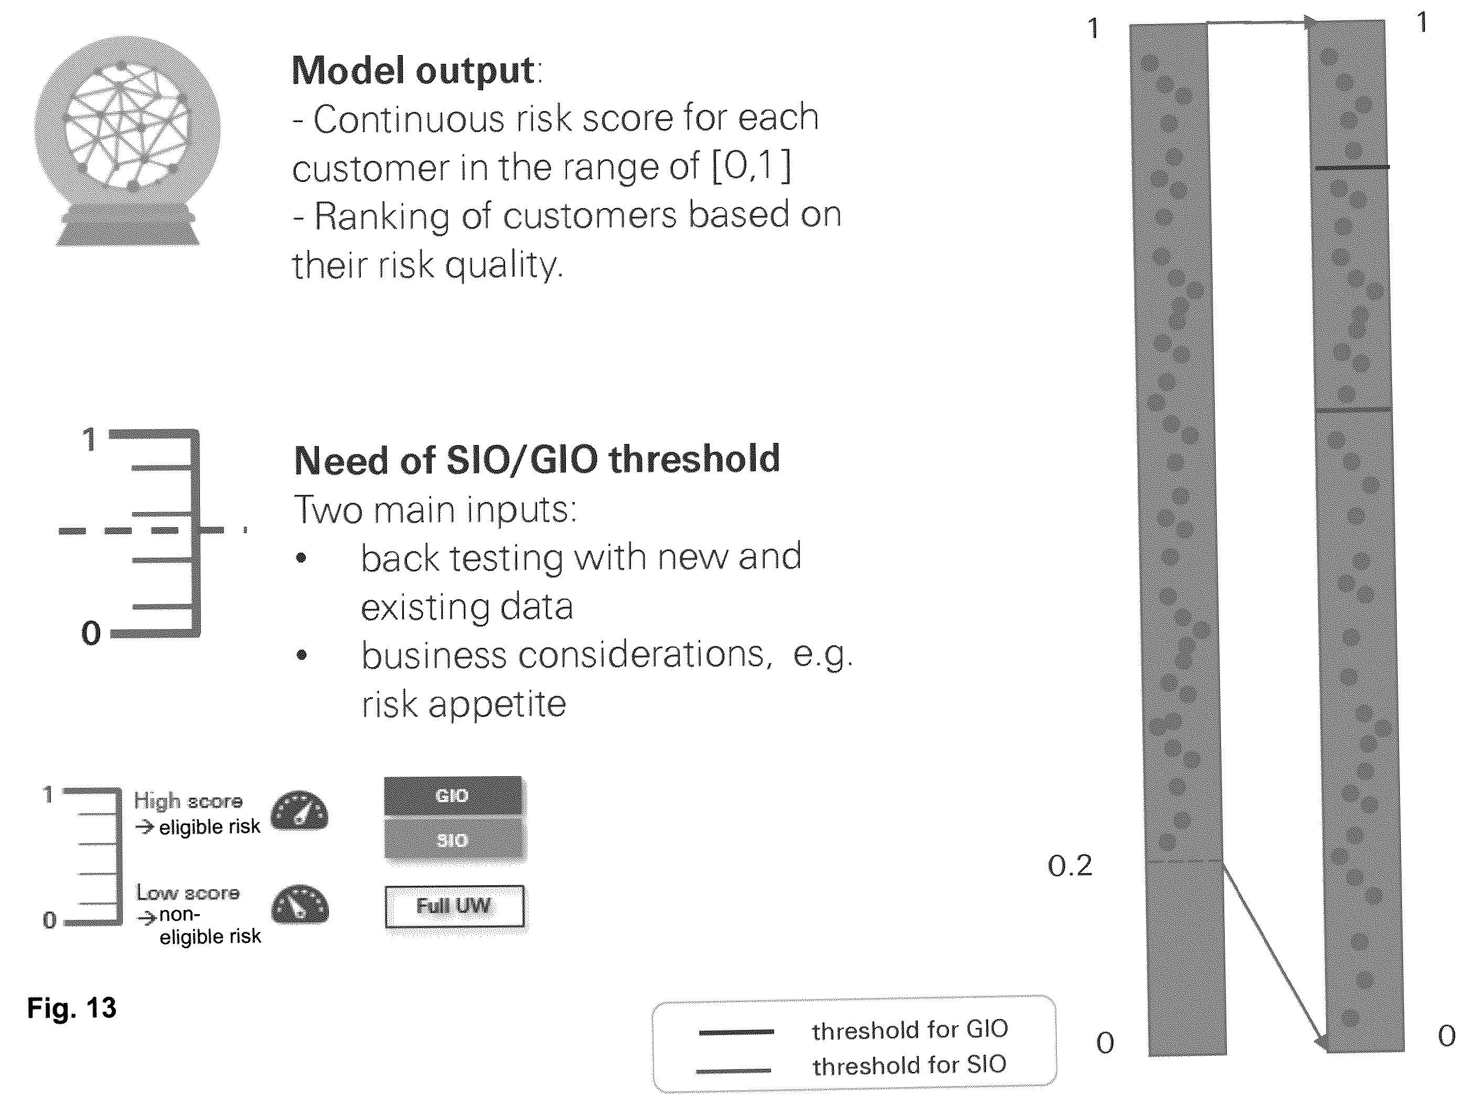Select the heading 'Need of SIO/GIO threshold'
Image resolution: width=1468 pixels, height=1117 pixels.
(537, 460)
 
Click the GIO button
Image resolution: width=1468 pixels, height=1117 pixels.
(454, 796)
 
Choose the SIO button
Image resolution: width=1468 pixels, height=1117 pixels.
(454, 840)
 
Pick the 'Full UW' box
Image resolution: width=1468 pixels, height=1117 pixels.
(454, 906)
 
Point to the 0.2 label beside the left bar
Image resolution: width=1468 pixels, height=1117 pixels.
(1069, 866)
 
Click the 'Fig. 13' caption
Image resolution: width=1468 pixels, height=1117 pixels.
(72, 1008)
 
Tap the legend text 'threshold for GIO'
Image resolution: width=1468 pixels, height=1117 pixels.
(909, 1030)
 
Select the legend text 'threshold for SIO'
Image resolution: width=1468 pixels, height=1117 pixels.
(909, 1065)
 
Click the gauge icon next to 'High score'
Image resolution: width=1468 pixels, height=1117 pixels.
(299, 811)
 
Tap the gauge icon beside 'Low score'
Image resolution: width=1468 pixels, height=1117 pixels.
(300, 904)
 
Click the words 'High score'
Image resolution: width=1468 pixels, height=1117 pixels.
(188, 800)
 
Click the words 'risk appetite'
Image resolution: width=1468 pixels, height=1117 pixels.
(464, 704)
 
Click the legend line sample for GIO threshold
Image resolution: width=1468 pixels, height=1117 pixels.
(736, 1032)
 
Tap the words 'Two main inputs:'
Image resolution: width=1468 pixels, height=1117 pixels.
(436, 511)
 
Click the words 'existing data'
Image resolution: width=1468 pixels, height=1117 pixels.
(466, 606)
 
